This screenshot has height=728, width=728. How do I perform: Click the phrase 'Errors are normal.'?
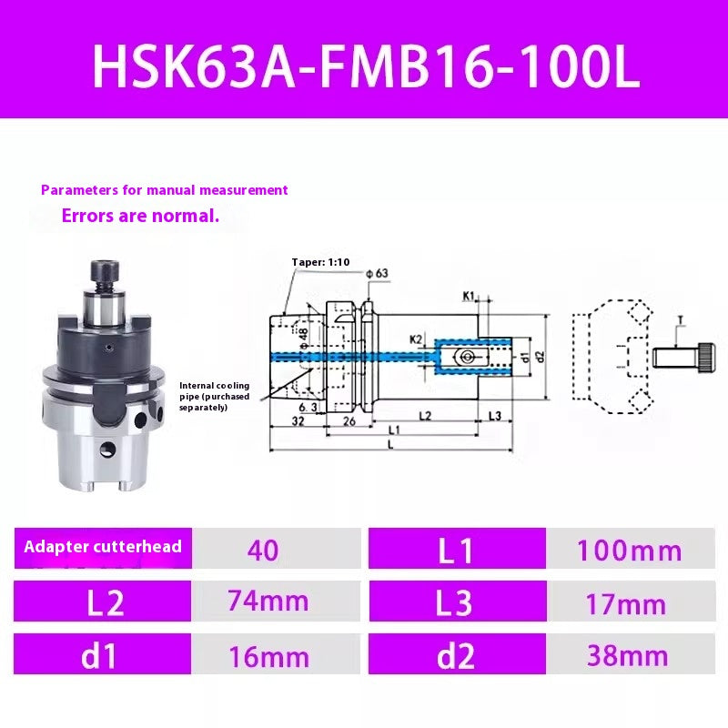140,217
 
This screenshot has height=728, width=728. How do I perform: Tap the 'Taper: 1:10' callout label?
320,262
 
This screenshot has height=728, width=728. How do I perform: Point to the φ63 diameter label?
376,274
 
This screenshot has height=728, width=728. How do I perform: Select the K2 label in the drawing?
416,339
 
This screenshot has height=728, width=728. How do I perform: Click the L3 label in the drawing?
494,416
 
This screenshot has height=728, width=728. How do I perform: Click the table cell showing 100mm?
629,551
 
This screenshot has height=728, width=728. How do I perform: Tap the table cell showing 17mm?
629,603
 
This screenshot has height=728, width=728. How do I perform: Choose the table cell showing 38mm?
629,655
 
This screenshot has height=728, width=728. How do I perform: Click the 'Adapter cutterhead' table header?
103,547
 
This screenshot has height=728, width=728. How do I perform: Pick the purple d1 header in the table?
103,655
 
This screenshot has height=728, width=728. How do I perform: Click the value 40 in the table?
263,550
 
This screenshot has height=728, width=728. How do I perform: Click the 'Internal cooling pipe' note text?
215,396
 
